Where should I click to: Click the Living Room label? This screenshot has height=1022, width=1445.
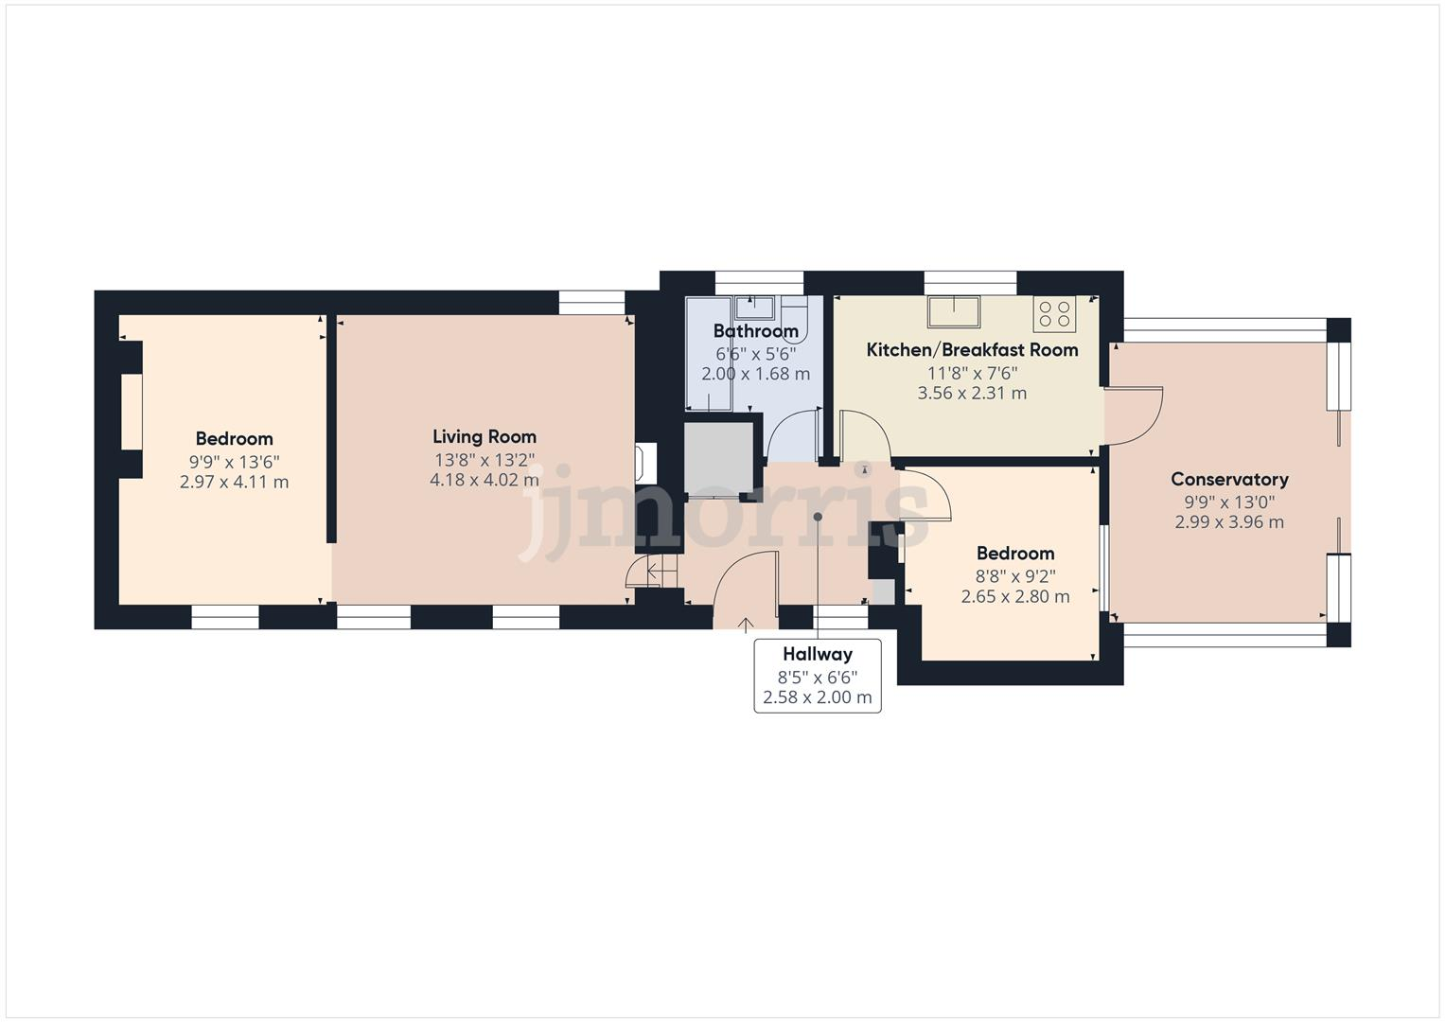tap(485, 437)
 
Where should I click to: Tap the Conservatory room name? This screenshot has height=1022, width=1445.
tap(1229, 480)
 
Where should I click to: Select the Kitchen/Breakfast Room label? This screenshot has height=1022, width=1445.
tap(972, 350)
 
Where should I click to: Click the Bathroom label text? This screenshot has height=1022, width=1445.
tap(755, 331)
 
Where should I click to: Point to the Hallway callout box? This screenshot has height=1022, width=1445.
tap(818, 676)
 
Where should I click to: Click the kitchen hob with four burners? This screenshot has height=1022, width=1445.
tap(1054, 313)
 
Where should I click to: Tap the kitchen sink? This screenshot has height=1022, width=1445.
tap(954, 309)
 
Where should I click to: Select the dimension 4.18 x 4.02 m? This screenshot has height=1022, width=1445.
tap(485, 480)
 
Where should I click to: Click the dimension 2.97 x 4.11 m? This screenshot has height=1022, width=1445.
tap(234, 482)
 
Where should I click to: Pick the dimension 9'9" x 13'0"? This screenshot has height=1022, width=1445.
tap(1229, 502)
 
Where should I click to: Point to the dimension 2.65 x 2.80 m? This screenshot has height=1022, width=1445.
tap(1015, 596)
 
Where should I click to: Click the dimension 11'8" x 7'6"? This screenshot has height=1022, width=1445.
tap(972, 373)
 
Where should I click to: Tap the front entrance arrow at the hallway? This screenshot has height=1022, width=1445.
tap(746, 624)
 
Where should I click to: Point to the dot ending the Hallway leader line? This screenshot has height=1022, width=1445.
tap(818, 517)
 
